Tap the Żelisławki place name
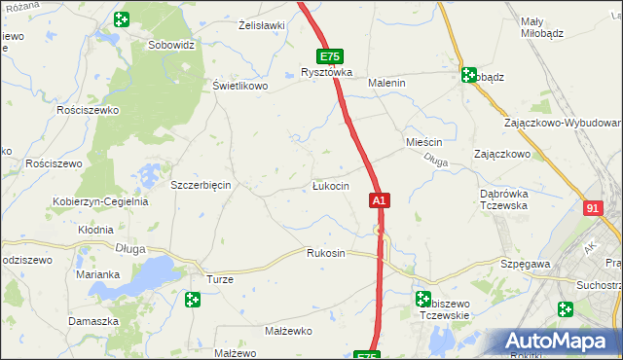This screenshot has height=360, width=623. click(x=261, y=25)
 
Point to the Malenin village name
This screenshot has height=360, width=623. click(x=385, y=84)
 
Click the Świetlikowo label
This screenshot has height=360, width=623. click(x=239, y=86)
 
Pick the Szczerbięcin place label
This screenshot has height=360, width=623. click(x=200, y=185)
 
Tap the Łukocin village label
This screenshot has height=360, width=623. click(x=330, y=186)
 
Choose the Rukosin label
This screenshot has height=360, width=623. click(x=326, y=254)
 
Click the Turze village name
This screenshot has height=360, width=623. click(x=219, y=278)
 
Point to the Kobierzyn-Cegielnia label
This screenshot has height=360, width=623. click(x=100, y=202)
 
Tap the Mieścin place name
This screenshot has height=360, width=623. click(x=424, y=142)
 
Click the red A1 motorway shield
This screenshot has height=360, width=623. click(x=380, y=200)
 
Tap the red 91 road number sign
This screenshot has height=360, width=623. click(x=594, y=208)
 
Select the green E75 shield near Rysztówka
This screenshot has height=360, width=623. click(x=328, y=57)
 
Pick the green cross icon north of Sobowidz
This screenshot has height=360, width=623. click(x=121, y=19)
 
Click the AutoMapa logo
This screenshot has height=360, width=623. click(x=558, y=342)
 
